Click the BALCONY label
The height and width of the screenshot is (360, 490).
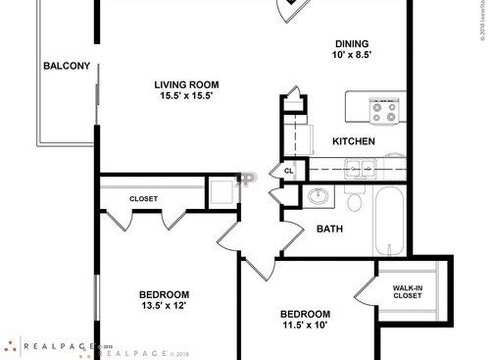[67, 67]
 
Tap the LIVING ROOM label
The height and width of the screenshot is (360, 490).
[186, 84]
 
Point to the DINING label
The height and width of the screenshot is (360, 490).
[351, 43]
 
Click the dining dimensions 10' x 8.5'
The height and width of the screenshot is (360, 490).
[351, 56]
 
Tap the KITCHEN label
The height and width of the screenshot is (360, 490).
[354, 142]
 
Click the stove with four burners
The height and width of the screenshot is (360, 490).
[382, 110]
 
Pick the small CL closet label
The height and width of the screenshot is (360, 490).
[288, 171]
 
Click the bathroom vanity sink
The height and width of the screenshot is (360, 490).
[318, 197]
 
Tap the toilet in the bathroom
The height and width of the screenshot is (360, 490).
[355, 201]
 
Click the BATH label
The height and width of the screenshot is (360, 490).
[328, 230]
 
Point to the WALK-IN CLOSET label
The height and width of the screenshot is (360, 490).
[408, 291]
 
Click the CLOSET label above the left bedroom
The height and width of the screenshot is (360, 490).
[143, 199]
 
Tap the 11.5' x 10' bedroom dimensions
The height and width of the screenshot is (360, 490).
[306, 325]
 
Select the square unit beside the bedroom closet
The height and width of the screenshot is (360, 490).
[221, 191]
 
